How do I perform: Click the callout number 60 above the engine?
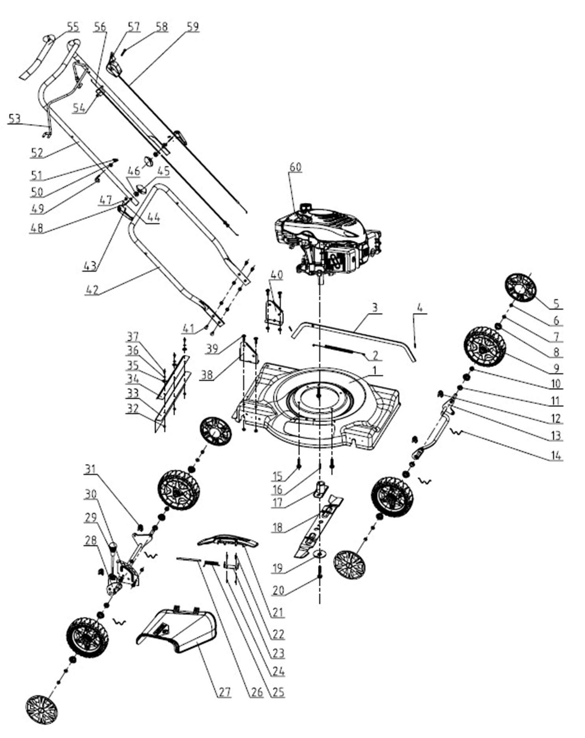[x=295, y=167]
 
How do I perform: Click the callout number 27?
[x=224, y=691]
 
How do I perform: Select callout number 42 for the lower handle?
[x=92, y=290]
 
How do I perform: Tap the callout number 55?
[x=73, y=27]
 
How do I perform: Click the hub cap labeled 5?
[x=520, y=288]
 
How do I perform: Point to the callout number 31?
[x=91, y=469]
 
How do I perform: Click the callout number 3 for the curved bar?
[x=375, y=307]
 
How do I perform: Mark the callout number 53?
[x=14, y=118]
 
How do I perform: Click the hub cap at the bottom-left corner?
[x=41, y=710]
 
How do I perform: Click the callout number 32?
[x=133, y=408]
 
